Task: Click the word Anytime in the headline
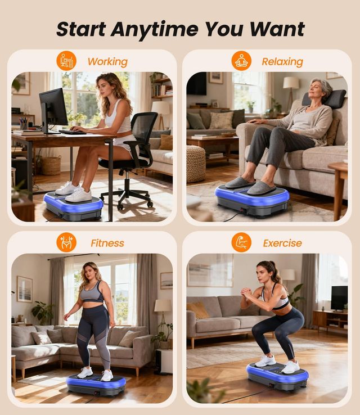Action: tap(155, 30)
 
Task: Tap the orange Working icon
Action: tap(66, 61)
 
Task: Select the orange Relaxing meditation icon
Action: tap(241, 61)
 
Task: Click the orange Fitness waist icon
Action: tap(66, 242)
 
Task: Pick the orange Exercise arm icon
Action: tap(241, 242)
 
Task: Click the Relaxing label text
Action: tap(282, 62)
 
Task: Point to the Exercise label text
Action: tap(282, 243)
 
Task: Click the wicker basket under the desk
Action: tap(50, 165)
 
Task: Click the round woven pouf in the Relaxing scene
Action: tap(196, 164)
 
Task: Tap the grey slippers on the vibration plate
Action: tap(250, 185)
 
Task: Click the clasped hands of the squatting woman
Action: tap(246, 293)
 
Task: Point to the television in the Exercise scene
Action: tap(339, 298)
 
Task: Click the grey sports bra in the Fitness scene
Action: tap(92, 293)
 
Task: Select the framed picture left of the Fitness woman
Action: tap(25, 289)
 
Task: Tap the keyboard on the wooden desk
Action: tap(73, 132)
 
